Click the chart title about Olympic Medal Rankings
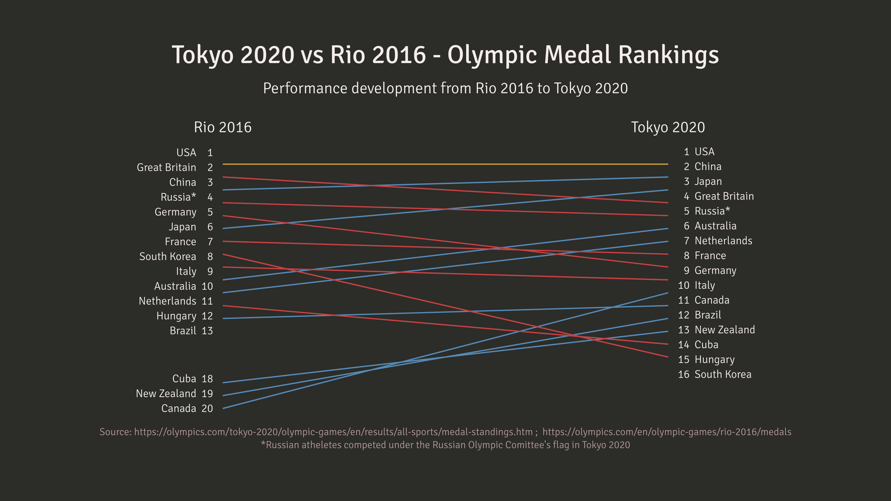click(445, 55)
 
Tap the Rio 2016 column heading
click(223, 127)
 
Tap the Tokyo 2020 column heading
click(668, 127)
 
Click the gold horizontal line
click(445, 164)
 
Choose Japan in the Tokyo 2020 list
click(708, 182)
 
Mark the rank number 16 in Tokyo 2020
click(684, 374)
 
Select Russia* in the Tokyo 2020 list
click(712, 211)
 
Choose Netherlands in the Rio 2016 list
click(167, 301)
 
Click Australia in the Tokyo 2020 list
click(715, 226)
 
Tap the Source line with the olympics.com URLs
click(445, 432)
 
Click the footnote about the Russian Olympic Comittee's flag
click(445, 445)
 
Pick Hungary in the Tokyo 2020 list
click(714, 360)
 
